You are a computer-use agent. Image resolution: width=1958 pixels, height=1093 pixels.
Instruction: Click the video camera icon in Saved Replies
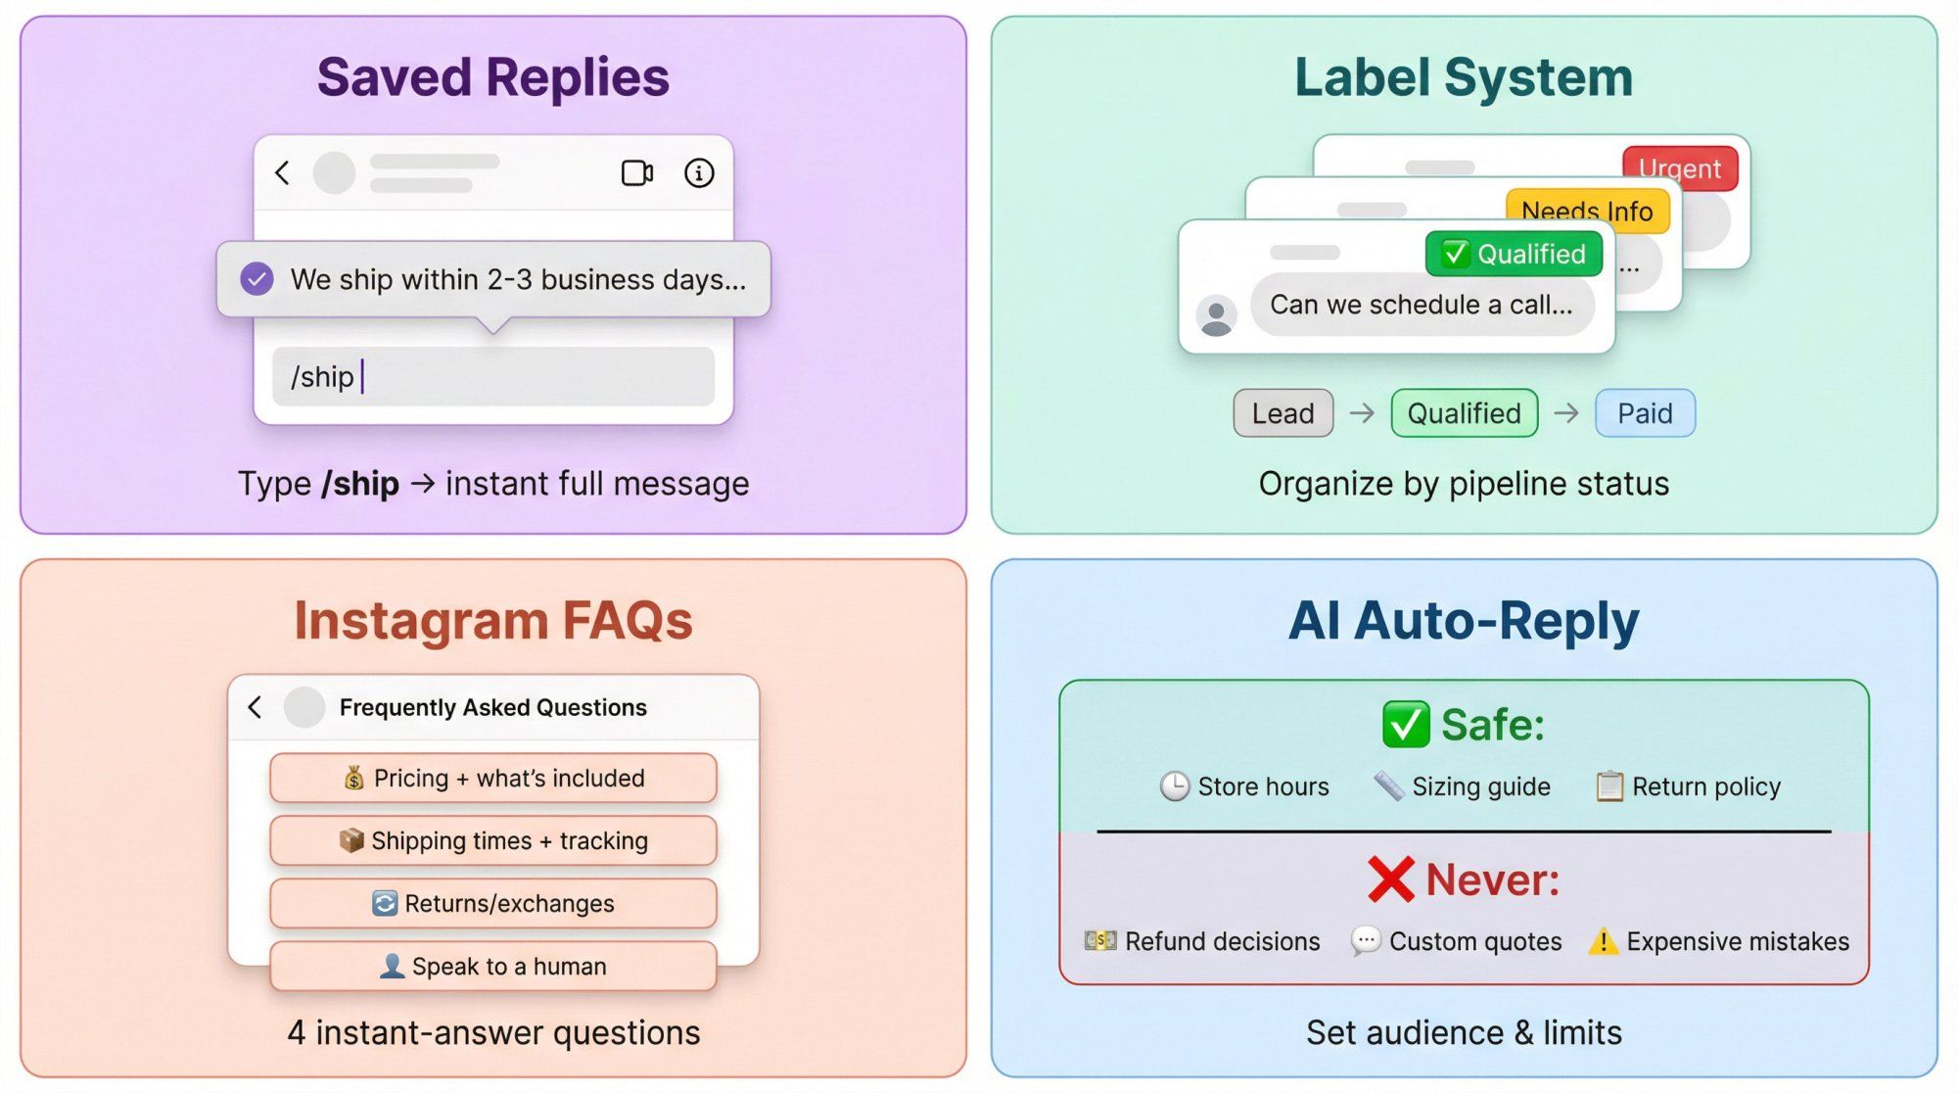637,173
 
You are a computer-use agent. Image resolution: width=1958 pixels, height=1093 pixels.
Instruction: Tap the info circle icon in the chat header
698,173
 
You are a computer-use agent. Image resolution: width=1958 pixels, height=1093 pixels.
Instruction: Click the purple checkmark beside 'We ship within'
257,279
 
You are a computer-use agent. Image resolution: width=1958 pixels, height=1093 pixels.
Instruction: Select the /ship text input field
492,377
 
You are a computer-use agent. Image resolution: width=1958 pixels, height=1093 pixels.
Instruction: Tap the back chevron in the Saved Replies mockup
282,173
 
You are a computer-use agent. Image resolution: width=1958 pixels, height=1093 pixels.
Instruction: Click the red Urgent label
1679,168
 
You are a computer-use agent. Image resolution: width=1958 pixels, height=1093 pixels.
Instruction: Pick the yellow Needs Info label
1586,211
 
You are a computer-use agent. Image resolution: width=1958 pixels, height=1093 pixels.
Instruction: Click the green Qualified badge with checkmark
1514,255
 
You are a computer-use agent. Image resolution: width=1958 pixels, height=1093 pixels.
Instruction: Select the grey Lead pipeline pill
1282,413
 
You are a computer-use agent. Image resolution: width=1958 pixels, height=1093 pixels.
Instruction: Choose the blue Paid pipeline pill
1644,413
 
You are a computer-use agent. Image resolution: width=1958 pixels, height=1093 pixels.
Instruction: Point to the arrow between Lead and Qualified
1362,413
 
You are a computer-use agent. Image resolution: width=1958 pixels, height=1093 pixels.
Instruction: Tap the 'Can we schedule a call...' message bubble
1421,306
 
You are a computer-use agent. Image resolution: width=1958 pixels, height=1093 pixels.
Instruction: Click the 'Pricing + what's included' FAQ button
492,779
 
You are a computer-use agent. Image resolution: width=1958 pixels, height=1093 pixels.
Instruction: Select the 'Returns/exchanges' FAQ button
492,903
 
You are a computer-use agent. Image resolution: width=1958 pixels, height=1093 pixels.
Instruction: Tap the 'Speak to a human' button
492,967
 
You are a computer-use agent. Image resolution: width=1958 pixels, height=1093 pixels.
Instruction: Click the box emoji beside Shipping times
350,840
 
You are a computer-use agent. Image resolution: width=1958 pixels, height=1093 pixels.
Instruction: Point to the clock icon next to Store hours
1174,786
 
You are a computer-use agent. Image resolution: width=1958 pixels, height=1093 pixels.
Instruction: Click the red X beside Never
1390,879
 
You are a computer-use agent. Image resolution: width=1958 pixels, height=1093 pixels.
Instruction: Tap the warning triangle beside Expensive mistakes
1603,942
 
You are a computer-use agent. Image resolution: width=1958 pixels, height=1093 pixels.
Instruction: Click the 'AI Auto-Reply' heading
1464,621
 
